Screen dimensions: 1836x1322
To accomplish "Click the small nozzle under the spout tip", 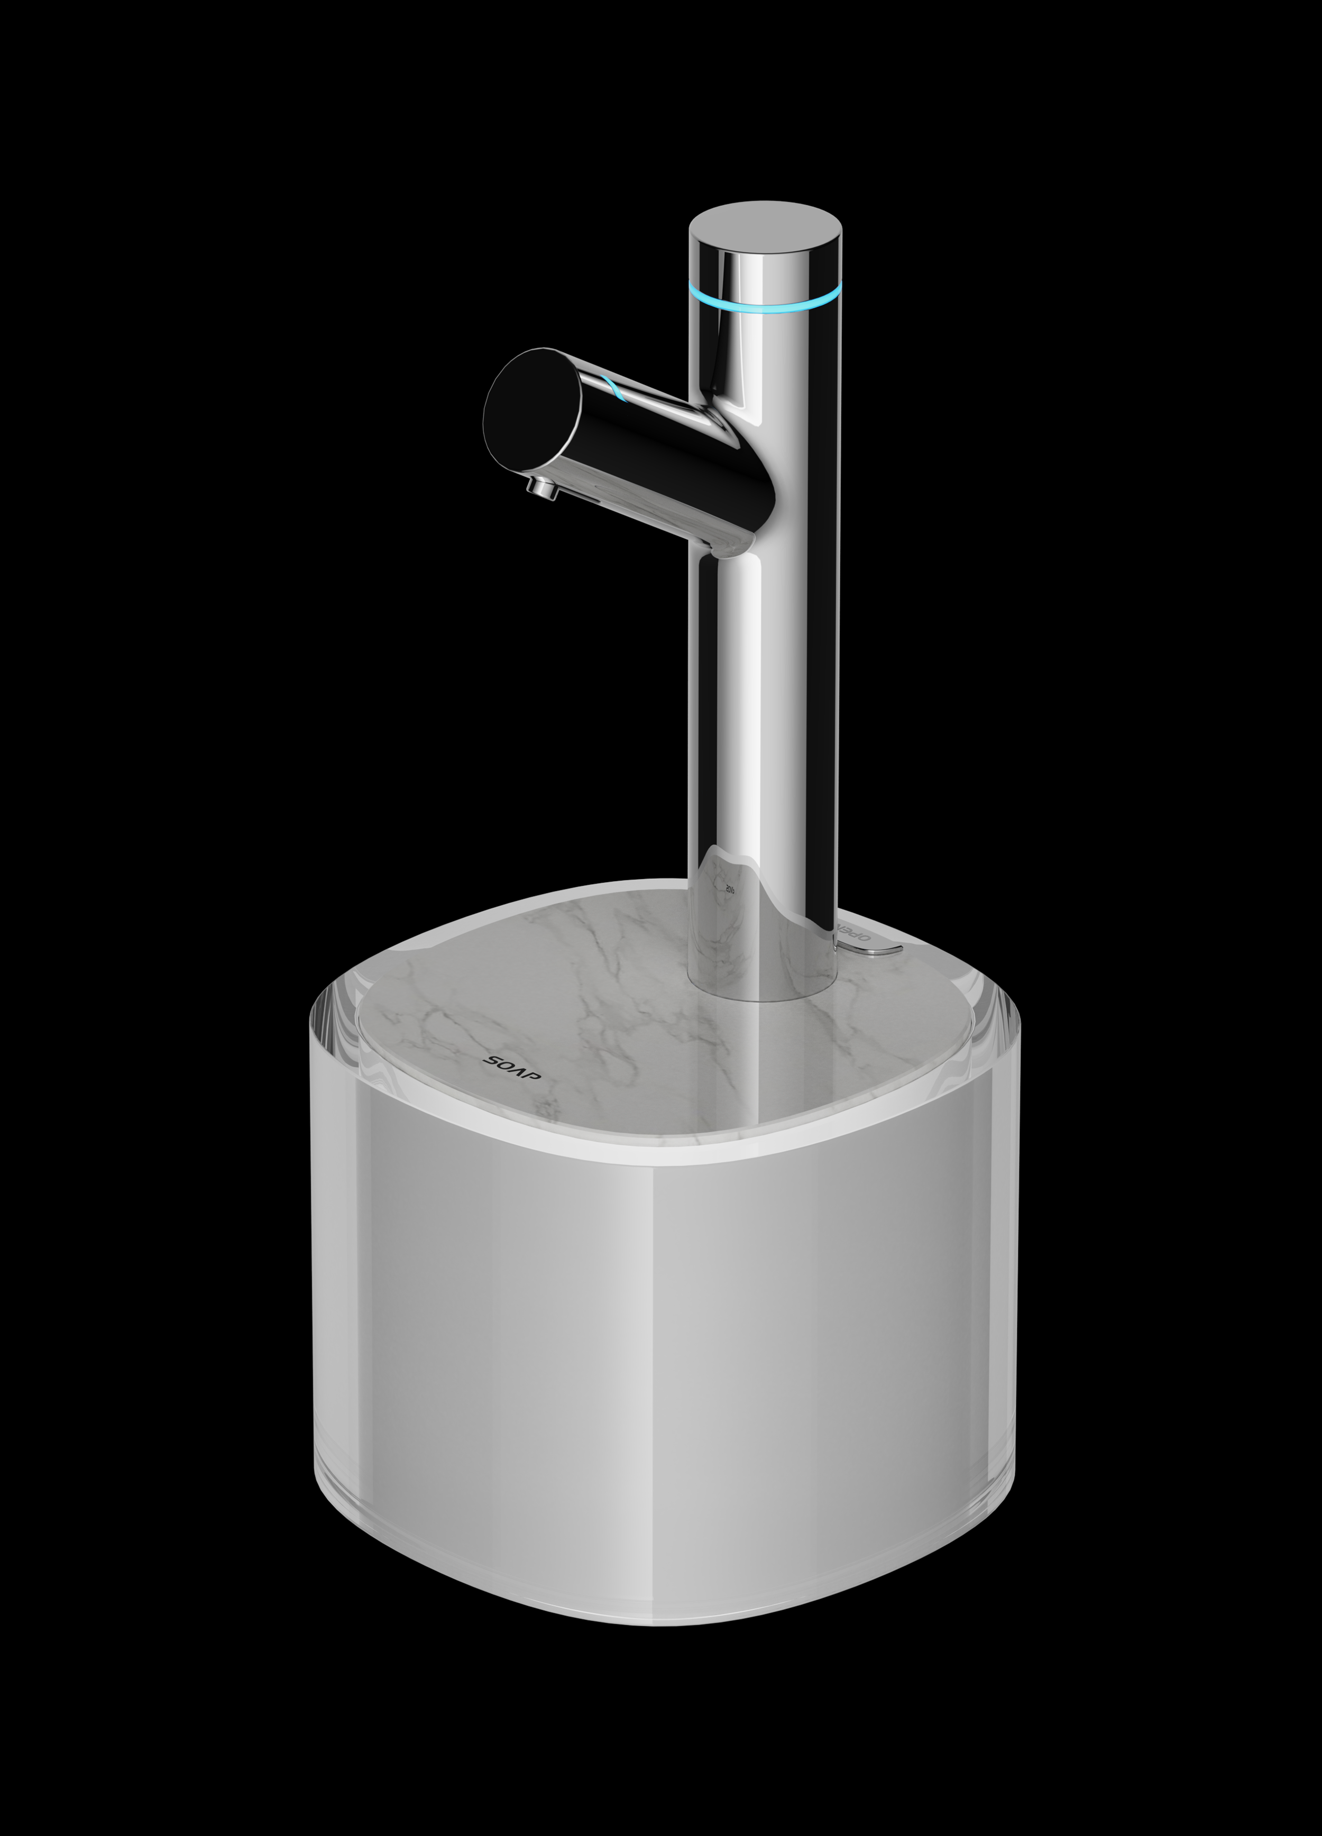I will point(538,488).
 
